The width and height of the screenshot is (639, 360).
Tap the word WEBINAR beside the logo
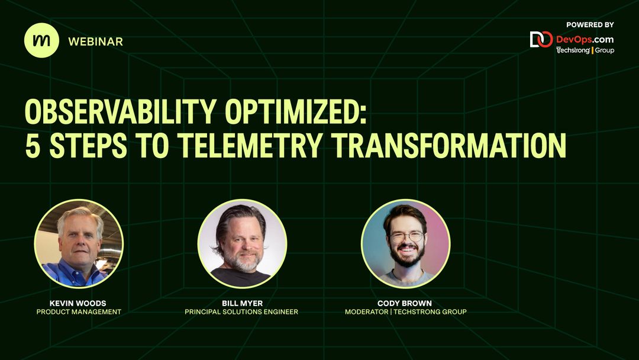(95, 41)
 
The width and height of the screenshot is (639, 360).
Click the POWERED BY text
(589, 25)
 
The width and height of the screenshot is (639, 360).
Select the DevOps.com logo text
(585, 39)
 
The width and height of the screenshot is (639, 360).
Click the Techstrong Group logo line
(585, 50)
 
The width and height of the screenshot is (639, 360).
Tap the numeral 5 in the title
(32, 146)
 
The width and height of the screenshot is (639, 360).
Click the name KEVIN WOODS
(78, 303)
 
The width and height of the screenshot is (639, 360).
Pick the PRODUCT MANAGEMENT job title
(78, 312)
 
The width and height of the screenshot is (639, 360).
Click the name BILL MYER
(242, 303)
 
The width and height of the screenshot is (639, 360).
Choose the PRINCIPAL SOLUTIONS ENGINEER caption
(242, 312)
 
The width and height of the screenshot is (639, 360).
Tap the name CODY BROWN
(405, 303)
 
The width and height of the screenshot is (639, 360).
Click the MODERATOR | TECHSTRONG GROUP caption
(405, 312)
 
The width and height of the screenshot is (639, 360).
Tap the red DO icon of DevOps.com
(541, 40)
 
